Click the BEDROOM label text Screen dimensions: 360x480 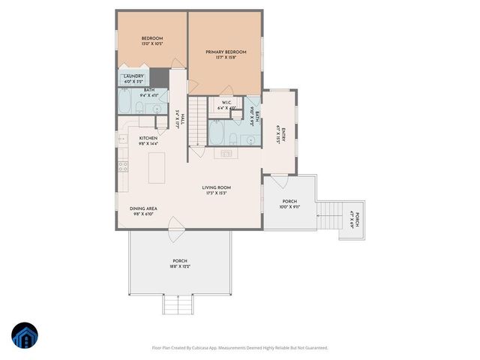coord(152,38)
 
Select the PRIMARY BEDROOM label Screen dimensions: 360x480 coord(225,52)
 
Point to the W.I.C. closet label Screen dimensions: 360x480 coord(226,104)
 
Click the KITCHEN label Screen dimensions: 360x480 coord(148,138)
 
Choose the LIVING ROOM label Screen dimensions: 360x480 coord(215,187)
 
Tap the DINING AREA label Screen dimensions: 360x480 coord(142,211)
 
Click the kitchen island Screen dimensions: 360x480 coord(158,167)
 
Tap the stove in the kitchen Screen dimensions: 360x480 coord(122,166)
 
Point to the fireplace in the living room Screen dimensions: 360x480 coord(224,153)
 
